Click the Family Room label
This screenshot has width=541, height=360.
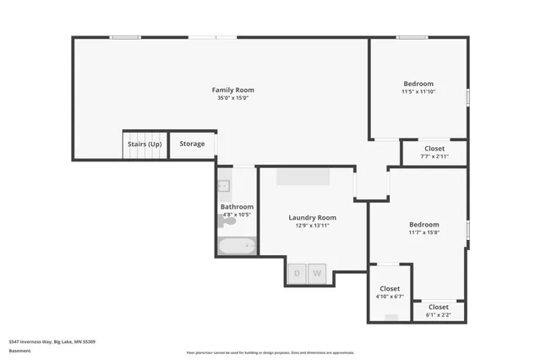pyautogui.click(x=232, y=90)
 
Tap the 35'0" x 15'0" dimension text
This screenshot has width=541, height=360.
pyautogui.click(x=232, y=98)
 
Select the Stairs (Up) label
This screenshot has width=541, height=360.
pyautogui.click(x=145, y=144)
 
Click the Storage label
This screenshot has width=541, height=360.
pyautogui.click(x=192, y=144)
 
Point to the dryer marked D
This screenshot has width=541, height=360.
pyautogui.click(x=297, y=273)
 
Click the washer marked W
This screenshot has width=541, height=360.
pyautogui.click(x=317, y=273)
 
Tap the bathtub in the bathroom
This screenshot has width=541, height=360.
pyautogui.click(x=237, y=247)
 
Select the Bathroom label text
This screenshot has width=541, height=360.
pyautogui.click(x=237, y=206)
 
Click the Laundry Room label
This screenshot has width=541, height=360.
pyautogui.click(x=312, y=217)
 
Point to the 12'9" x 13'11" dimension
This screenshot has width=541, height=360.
pyautogui.click(x=312, y=226)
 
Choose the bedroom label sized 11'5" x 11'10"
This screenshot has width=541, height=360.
pyautogui.click(x=418, y=84)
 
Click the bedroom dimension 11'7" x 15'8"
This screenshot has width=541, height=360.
pyautogui.click(x=424, y=232)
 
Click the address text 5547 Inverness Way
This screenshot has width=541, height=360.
pyautogui.click(x=52, y=341)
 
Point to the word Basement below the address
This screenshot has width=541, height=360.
pyautogui.click(x=19, y=351)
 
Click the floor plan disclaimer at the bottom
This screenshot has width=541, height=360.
pyautogui.click(x=270, y=352)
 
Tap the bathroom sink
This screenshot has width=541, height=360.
pyautogui.click(x=224, y=186)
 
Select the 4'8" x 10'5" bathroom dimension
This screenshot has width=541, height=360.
pyautogui.click(x=237, y=215)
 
